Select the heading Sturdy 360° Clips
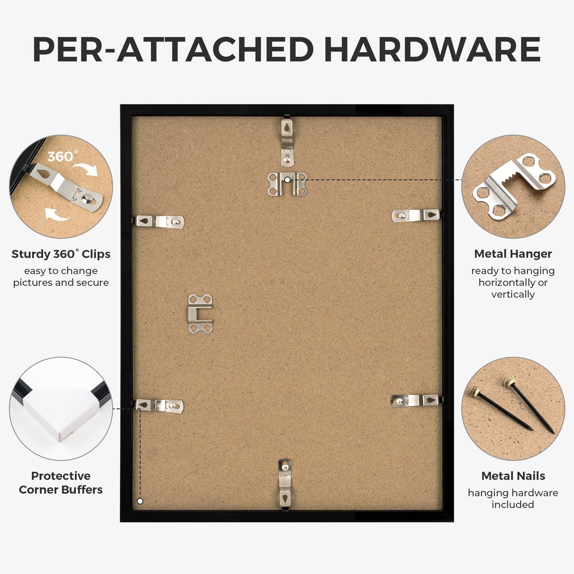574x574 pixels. point(61,254)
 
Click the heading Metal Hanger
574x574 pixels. point(513,254)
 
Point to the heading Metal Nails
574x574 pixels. point(513,476)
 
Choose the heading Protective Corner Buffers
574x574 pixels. point(61,483)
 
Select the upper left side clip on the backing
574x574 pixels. point(159,222)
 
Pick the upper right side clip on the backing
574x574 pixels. point(416,216)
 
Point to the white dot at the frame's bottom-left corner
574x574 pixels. point(140,501)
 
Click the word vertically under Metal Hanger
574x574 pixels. point(513,295)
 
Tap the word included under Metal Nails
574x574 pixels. point(513,504)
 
